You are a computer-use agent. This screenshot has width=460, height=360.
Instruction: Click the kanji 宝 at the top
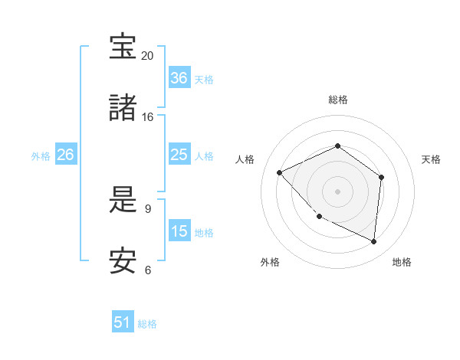(x=123, y=47)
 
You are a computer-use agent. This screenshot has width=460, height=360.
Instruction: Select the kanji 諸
(x=123, y=108)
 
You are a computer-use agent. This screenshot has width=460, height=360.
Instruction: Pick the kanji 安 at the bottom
(x=123, y=261)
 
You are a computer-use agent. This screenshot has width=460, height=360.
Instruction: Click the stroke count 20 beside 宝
(x=147, y=56)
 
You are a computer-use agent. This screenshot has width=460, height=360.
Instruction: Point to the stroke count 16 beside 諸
(x=147, y=117)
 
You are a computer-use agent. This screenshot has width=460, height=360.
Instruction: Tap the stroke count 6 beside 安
(x=147, y=270)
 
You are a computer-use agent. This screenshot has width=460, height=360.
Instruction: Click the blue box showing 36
(x=179, y=78)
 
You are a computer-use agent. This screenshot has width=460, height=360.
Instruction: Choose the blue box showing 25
(x=179, y=155)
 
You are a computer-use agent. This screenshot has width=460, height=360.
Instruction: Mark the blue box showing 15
(x=179, y=231)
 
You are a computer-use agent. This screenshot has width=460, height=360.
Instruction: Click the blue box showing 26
(x=65, y=155)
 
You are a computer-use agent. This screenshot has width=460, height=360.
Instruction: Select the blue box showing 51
(x=123, y=322)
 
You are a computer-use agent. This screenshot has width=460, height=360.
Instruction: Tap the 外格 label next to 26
(x=41, y=156)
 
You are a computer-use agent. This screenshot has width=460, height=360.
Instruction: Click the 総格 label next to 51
(x=147, y=324)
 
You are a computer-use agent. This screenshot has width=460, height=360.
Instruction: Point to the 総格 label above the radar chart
(x=337, y=100)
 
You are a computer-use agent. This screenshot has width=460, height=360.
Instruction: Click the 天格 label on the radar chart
(x=431, y=159)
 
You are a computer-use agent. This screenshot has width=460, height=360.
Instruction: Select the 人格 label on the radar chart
(x=245, y=159)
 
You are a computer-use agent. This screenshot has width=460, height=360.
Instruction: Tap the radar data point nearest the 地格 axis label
(x=374, y=242)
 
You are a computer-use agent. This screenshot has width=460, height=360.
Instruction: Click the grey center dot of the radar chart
(x=337, y=191)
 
